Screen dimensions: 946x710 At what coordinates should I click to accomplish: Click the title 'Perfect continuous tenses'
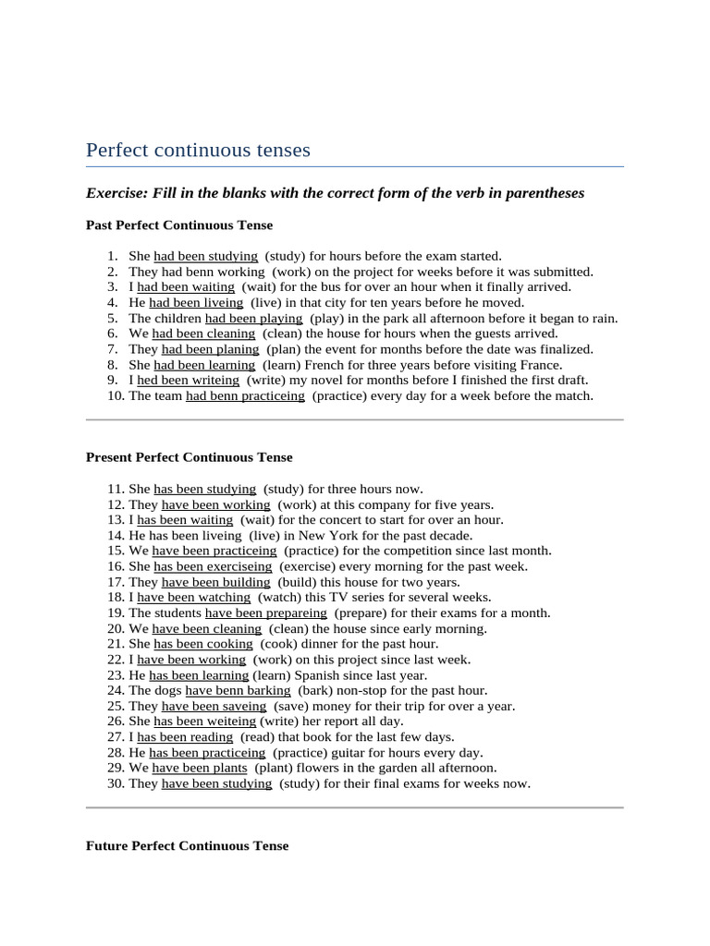(198, 150)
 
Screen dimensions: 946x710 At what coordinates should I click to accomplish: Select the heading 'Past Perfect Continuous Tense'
(179, 224)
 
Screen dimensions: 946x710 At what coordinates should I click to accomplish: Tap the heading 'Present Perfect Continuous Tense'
(189, 457)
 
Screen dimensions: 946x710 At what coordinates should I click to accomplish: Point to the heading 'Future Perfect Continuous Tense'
(187, 846)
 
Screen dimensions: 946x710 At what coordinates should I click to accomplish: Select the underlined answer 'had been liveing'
(196, 303)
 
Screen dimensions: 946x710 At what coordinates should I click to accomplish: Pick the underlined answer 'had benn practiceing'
(245, 396)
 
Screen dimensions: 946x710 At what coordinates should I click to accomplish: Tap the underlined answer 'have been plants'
(200, 769)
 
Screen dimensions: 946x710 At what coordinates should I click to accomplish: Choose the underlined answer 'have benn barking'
(238, 691)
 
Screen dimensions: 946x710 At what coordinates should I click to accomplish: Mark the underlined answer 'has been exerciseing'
(213, 567)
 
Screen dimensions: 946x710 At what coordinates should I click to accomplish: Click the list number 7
(112, 349)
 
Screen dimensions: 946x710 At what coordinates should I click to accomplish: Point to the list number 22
(116, 660)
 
